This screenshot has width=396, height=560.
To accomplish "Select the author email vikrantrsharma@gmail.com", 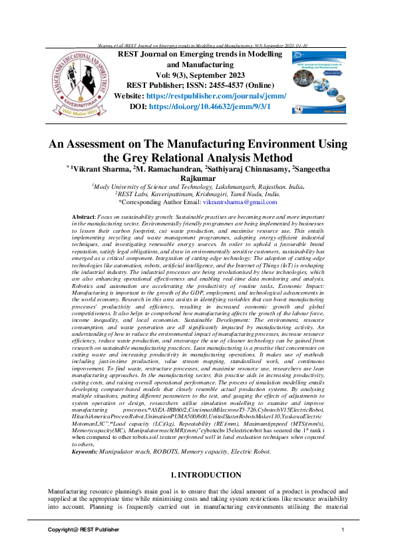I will tap(239, 183).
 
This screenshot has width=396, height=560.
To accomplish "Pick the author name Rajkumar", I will tap(198, 160).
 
